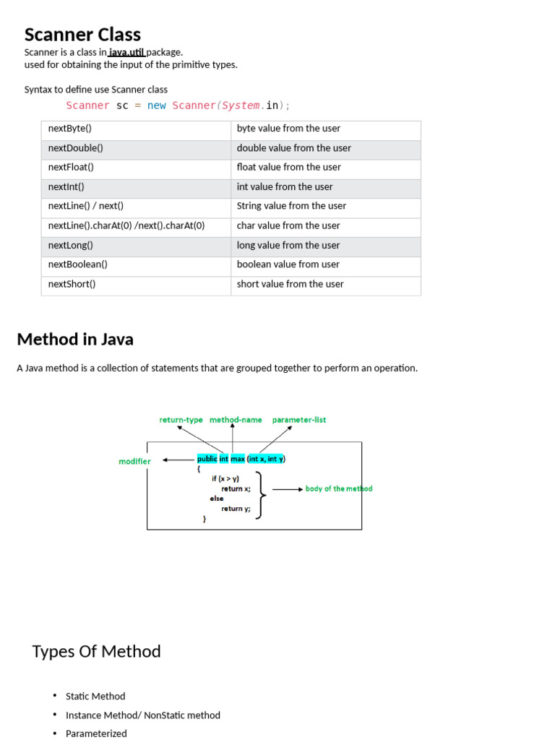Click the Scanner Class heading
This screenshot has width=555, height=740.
pyautogui.click(x=82, y=35)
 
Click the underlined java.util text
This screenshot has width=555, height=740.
pyautogui.click(x=127, y=52)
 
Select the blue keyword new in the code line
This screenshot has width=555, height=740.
pyautogui.click(x=156, y=106)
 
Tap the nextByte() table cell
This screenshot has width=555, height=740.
pyautogui.click(x=70, y=129)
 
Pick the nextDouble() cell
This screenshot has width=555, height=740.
pyautogui.click(x=76, y=148)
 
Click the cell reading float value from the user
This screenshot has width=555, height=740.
pyautogui.click(x=288, y=167)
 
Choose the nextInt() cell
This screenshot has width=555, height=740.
pyautogui.click(x=66, y=186)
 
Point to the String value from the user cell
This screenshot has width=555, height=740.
pyautogui.click(x=291, y=206)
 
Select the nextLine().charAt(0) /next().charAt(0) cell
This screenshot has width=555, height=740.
pyautogui.click(x=126, y=225)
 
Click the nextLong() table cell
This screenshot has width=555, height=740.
pyautogui.click(x=71, y=245)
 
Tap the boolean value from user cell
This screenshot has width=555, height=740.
pyautogui.click(x=288, y=264)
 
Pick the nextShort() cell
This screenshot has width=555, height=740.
pyautogui.click(x=72, y=284)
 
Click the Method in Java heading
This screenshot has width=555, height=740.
pyautogui.click(x=75, y=339)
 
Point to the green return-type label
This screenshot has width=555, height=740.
pyautogui.click(x=181, y=420)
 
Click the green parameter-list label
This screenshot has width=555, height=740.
pyautogui.click(x=298, y=420)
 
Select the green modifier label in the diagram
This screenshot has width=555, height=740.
pyautogui.click(x=134, y=461)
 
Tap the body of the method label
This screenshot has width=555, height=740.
pyautogui.click(x=339, y=489)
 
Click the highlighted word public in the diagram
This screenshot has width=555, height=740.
pyautogui.click(x=207, y=459)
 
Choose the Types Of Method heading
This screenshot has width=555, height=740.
pyautogui.click(x=96, y=651)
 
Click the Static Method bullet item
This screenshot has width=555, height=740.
pyautogui.click(x=95, y=696)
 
